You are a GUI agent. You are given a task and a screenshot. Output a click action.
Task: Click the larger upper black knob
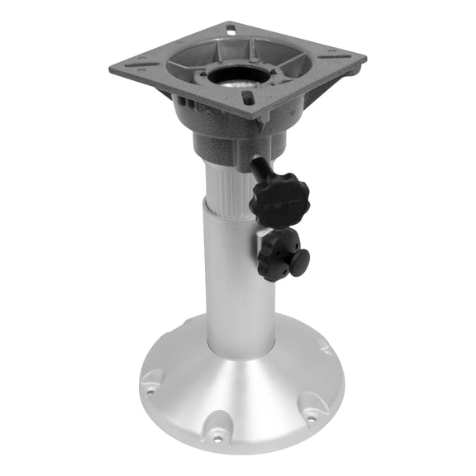279,196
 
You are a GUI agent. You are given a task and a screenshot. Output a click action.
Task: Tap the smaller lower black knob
283,255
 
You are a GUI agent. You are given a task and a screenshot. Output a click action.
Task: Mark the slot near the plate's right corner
336,57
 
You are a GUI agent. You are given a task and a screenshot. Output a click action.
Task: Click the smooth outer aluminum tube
240,281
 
